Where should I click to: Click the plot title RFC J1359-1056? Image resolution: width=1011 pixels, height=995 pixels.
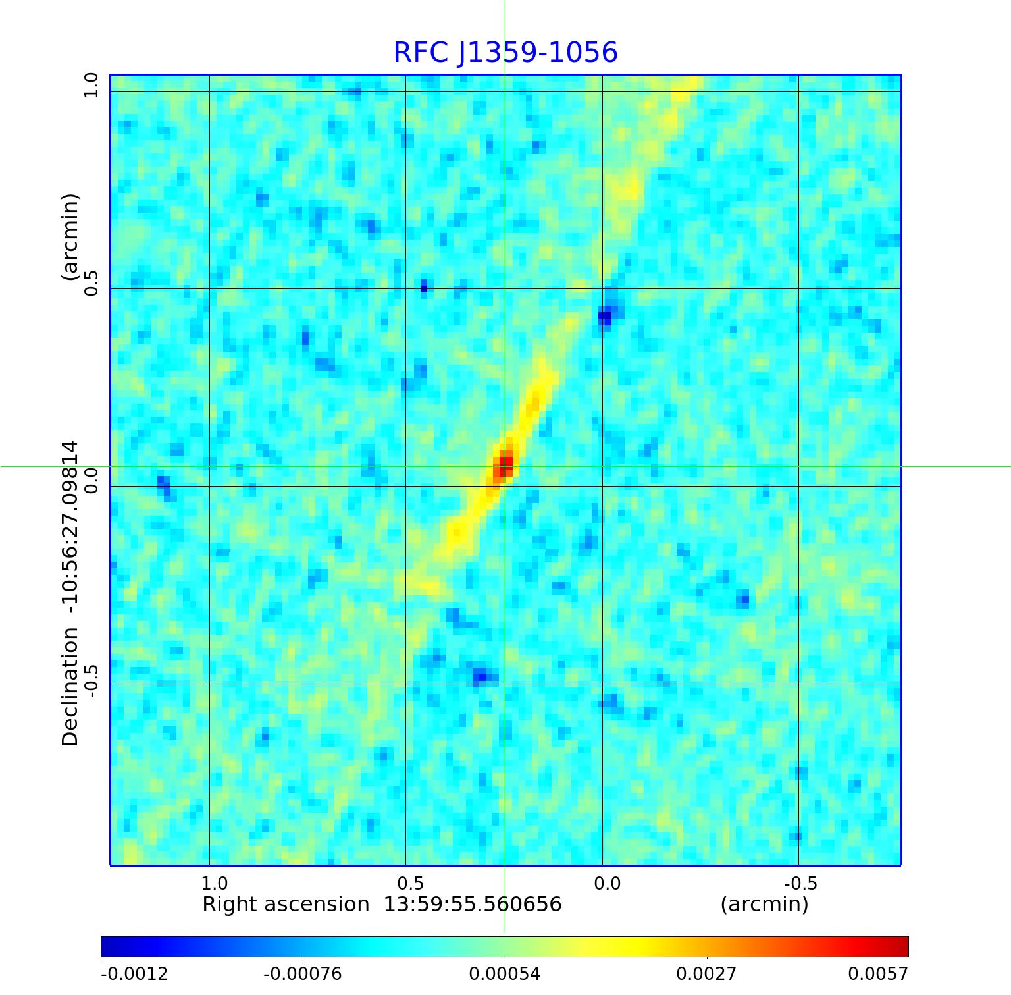505,53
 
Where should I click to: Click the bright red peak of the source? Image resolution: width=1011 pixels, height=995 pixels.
504,466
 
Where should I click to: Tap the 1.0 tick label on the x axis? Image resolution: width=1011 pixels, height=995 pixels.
214,883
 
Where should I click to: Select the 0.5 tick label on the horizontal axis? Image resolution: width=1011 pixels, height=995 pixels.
410,883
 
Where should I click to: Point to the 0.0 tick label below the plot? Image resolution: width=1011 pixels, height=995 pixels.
607,883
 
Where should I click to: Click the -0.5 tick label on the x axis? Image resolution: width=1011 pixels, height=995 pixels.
800,883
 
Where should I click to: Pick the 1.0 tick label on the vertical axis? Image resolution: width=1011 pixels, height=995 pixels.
91,86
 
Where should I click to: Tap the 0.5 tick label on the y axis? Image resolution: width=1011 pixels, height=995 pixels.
91,282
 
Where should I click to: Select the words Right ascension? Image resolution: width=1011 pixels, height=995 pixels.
286,904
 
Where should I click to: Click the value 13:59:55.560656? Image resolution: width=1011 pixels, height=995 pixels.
473,904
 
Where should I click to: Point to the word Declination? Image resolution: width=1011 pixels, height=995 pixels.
70,687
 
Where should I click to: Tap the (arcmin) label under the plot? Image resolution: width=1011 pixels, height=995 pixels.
764,904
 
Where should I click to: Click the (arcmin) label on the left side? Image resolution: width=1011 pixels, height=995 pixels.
70,237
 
